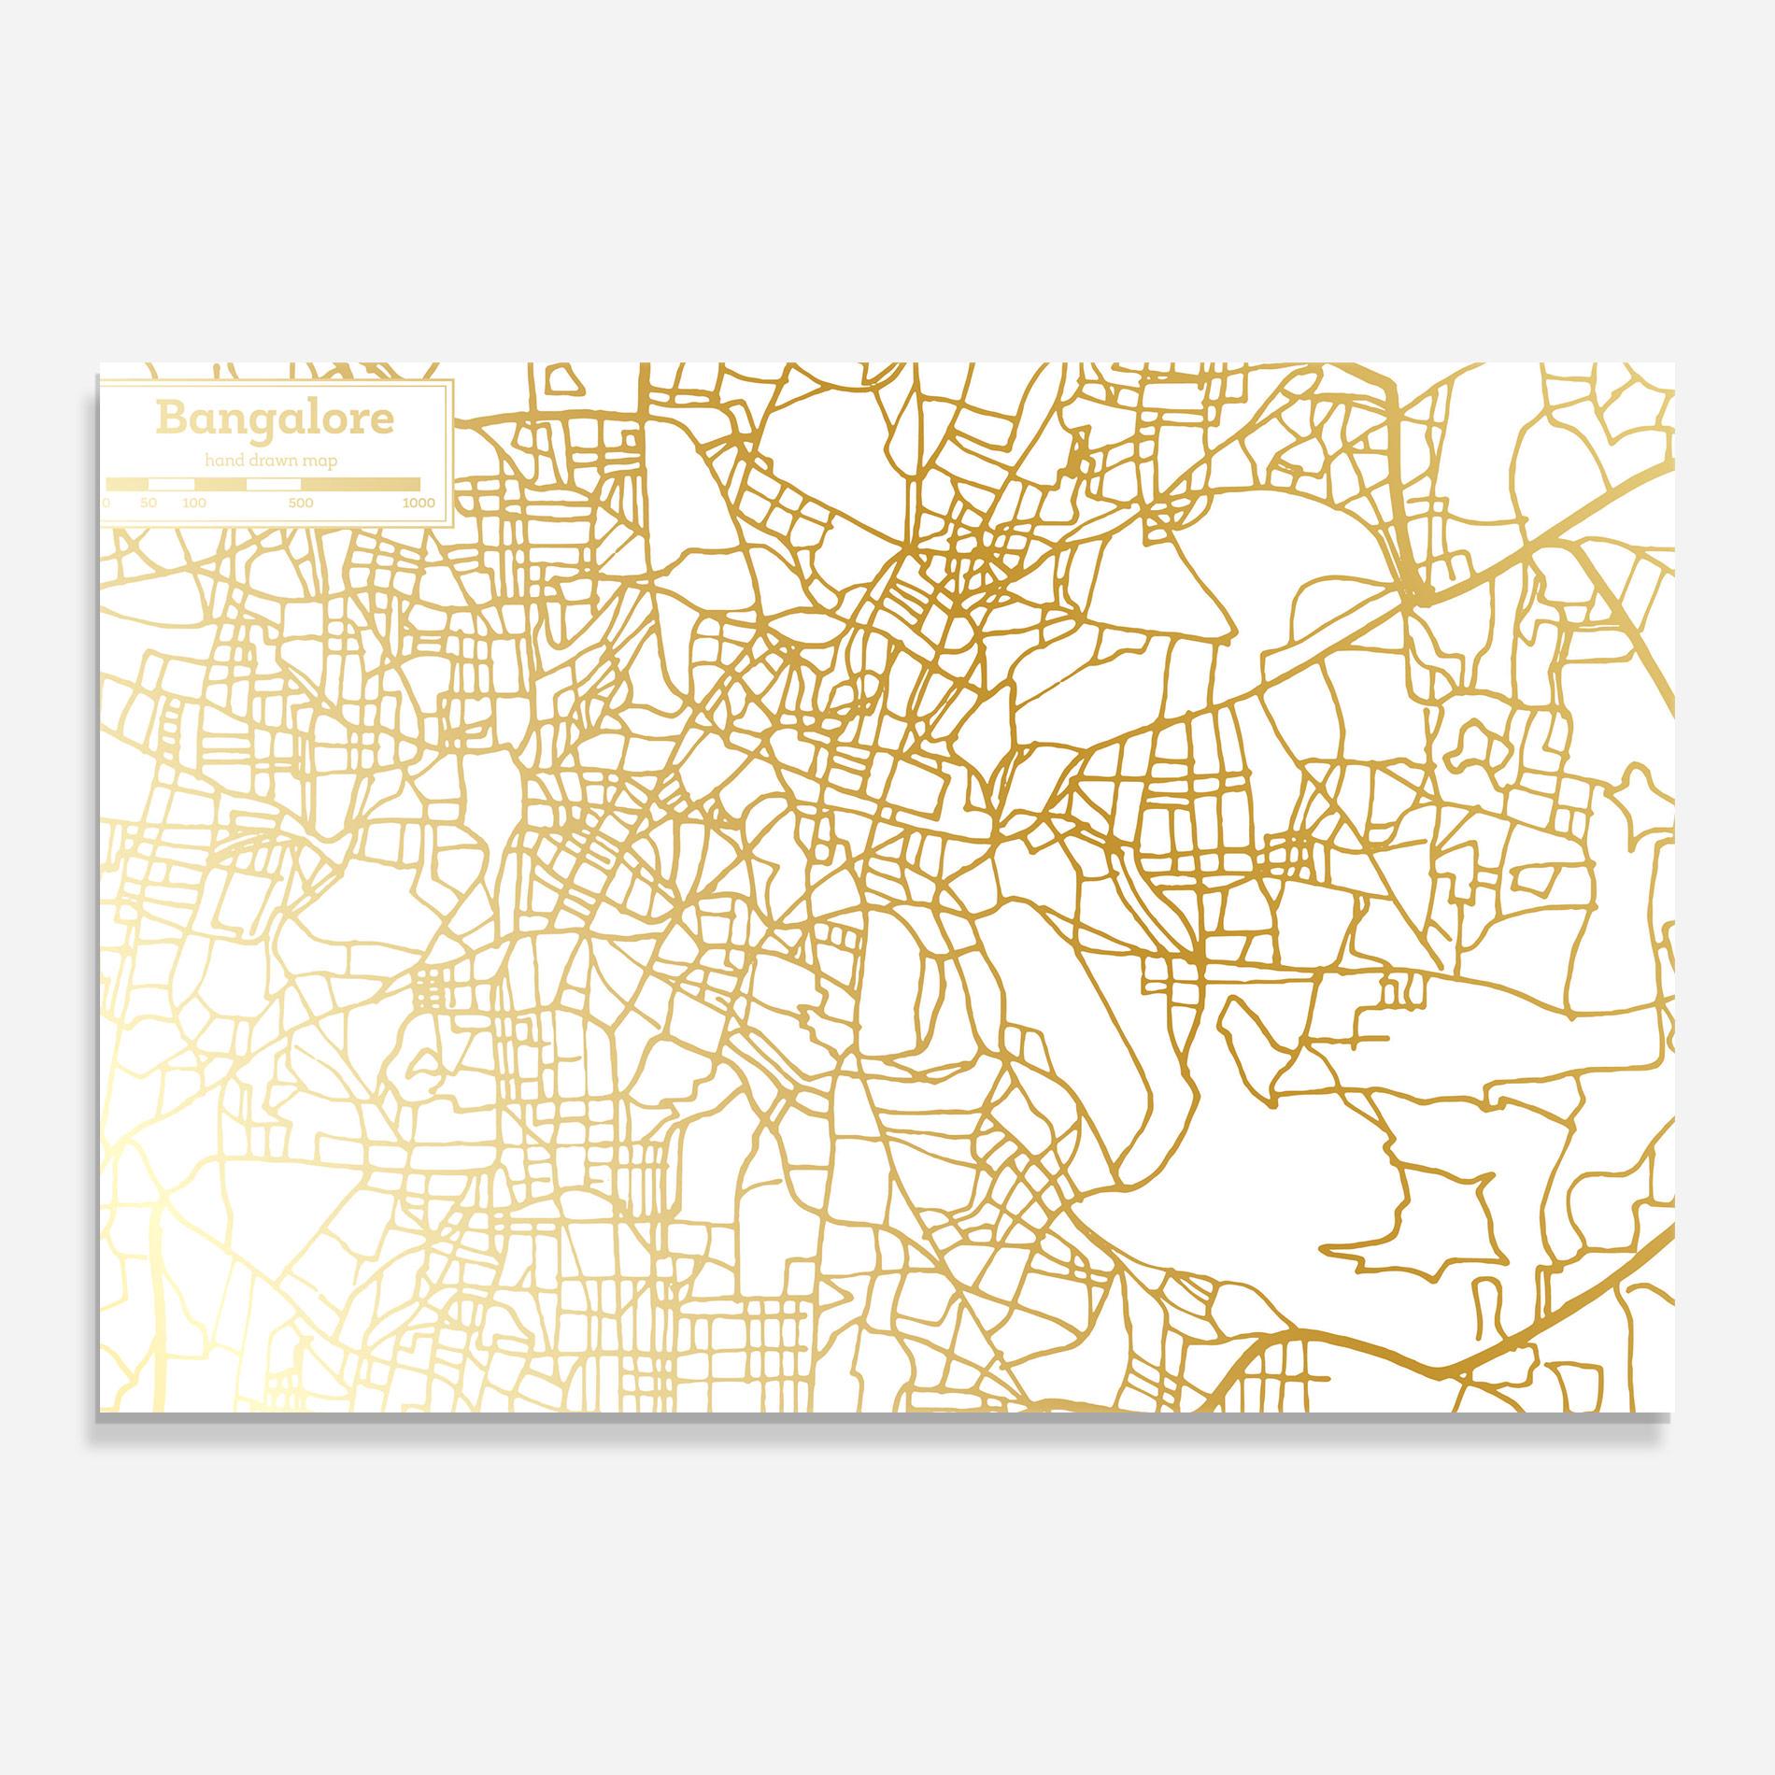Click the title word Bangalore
click(x=275, y=419)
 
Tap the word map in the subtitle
click(x=319, y=461)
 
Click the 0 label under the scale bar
click(x=106, y=504)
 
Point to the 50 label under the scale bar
click(x=149, y=504)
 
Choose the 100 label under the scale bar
click(x=194, y=504)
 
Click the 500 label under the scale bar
click(x=301, y=504)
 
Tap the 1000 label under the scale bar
click(x=419, y=504)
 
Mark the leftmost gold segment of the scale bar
click(x=127, y=484)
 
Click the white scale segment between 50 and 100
click(x=171, y=484)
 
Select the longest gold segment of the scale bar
click(x=361, y=484)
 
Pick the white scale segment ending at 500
click(x=274, y=484)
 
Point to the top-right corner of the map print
click(x=1673, y=363)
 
